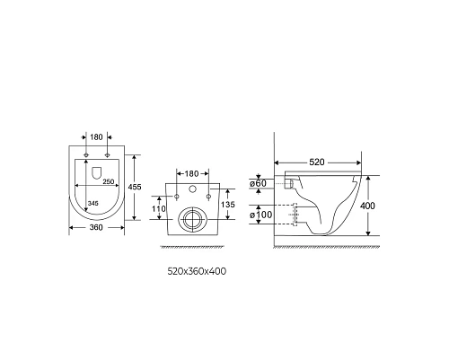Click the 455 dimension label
pos(135,187)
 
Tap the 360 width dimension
pos(96,227)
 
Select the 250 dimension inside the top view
pos(108,181)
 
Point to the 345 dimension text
pos(92,204)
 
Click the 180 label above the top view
pos(96,137)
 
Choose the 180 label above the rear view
pos(192,173)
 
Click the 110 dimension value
pos(159,208)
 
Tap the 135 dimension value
pos(228,205)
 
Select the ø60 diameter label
pos(258,183)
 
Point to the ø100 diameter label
pos(261,215)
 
